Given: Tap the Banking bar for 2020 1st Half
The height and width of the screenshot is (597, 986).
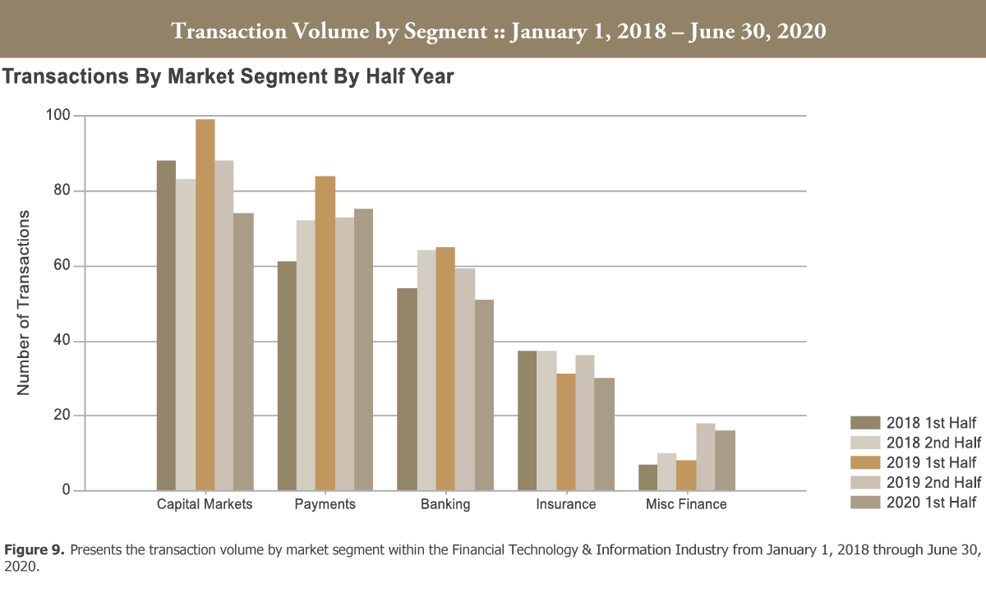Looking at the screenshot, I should tap(484, 395).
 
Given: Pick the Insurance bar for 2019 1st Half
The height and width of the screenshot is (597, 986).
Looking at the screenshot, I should tap(566, 432).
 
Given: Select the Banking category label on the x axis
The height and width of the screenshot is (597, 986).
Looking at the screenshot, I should tap(445, 504).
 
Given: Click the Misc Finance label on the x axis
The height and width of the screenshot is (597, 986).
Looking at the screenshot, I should tap(686, 504).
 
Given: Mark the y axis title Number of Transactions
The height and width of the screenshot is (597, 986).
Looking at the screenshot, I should tap(24, 303).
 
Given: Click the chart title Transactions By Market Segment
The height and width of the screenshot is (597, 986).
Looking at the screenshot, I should tap(228, 77).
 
